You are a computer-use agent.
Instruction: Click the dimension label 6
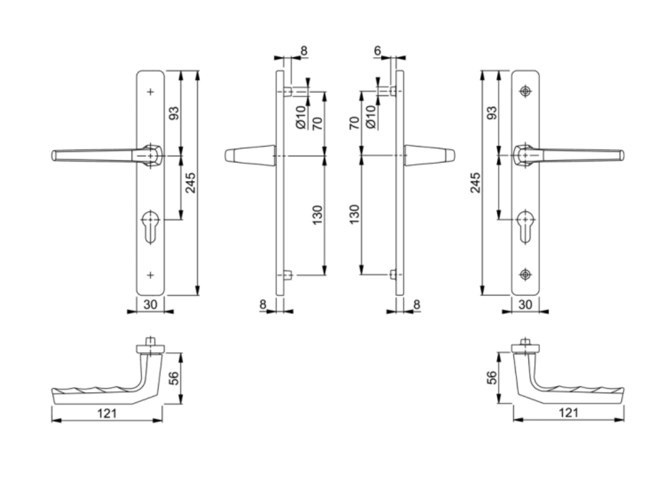(377, 51)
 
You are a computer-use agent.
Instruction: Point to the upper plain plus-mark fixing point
(151, 91)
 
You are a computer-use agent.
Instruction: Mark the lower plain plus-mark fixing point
(151, 275)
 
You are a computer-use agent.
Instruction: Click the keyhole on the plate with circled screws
(524, 227)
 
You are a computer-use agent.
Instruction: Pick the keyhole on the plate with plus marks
(150, 227)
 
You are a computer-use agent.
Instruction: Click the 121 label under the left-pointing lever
(107, 413)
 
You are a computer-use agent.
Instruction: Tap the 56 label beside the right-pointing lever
(492, 378)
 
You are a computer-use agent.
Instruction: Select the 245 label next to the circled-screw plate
(476, 182)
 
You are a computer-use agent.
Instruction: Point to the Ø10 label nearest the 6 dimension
(370, 116)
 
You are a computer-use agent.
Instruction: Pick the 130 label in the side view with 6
(354, 214)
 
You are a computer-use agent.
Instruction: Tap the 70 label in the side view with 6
(354, 123)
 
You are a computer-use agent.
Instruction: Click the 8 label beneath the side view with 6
(416, 304)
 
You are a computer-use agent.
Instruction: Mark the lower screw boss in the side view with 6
(393, 275)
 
